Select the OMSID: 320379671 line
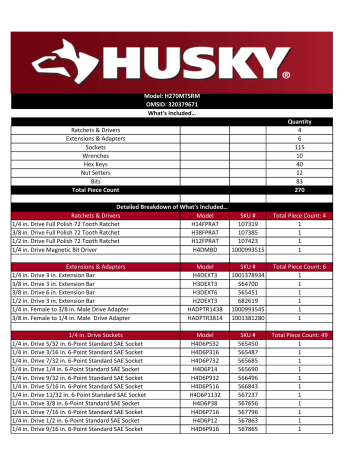181,130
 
